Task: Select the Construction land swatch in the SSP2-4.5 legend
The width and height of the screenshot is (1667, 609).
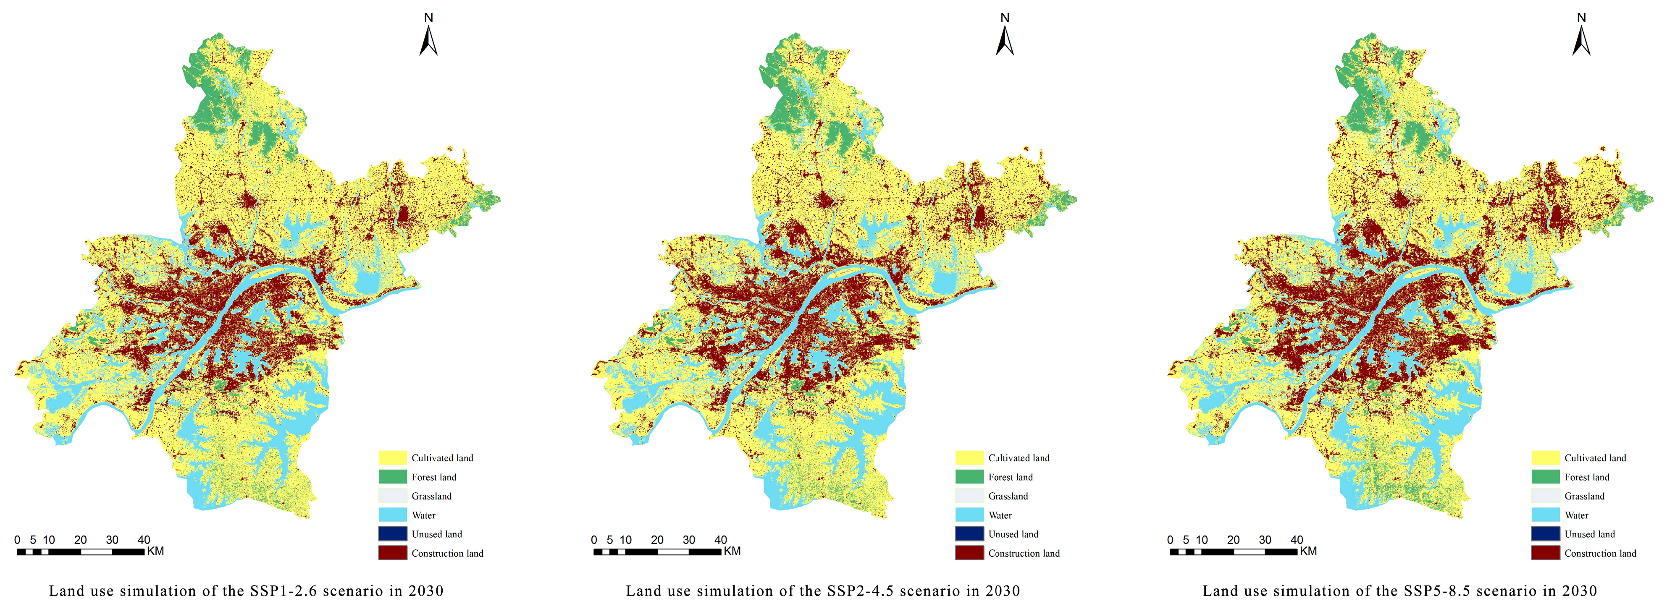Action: click(x=969, y=554)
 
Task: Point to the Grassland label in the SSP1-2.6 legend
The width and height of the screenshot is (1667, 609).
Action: click(x=432, y=496)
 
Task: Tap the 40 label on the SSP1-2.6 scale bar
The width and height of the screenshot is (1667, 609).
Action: click(x=144, y=540)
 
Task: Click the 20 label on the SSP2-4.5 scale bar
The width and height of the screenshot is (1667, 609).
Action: click(x=657, y=540)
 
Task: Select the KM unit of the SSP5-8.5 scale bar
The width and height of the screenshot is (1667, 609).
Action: click(x=1308, y=551)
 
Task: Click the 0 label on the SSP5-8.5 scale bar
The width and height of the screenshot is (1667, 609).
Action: click(x=1170, y=540)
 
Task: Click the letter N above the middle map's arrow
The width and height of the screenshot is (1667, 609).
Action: click(x=1005, y=18)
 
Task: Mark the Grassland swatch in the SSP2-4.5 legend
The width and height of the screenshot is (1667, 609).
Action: click(x=969, y=496)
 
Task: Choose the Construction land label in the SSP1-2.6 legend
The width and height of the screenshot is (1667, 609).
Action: click(x=447, y=554)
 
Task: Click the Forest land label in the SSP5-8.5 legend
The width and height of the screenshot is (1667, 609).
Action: click(x=1587, y=477)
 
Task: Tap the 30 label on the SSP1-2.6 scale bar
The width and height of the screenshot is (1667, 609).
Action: click(x=112, y=540)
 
